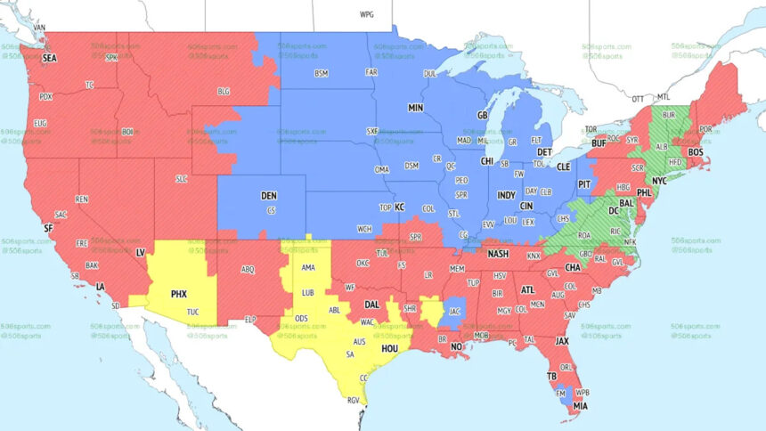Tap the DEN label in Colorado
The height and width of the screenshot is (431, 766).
pyautogui.click(x=269, y=195)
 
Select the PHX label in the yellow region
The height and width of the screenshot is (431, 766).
pyautogui.click(x=178, y=293)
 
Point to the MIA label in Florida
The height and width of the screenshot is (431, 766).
pyautogui.click(x=580, y=406)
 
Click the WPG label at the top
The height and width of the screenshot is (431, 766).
pyautogui.click(x=367, y=15)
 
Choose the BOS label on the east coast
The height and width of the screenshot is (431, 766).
pyautogui.click(x=697, y=152)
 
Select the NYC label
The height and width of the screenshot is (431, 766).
pyautogui.click(x=659, y=181)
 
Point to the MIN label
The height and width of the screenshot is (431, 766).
pyautogui.click(x=415, y=107)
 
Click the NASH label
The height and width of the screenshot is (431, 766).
pyautogui.click(x=498, y=254)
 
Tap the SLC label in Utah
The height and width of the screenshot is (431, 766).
pyautogui.click(x=182, y=178)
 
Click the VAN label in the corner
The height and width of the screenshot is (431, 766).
pyautogui.click(x=38, y=28)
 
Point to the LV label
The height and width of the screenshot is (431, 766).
pyautogui.click(x=140, y=252)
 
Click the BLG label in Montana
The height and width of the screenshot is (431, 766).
pyautogui.click(x=224, y=91)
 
